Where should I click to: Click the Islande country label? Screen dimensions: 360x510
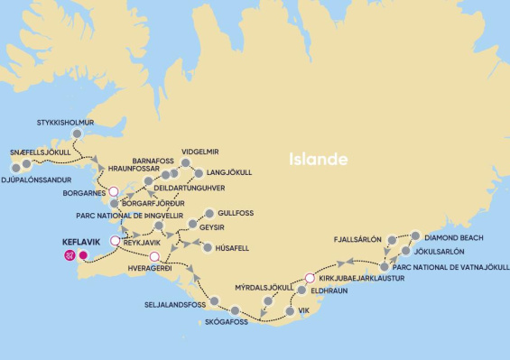[318, 159]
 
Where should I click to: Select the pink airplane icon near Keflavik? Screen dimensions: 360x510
[70, 255]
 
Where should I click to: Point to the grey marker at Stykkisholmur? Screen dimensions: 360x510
[77, 134]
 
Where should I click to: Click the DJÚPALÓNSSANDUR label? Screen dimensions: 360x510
[37, 179]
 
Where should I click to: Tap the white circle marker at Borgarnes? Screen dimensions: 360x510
[114, 191]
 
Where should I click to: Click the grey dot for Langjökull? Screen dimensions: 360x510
[197, 172]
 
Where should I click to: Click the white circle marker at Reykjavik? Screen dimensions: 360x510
[114, 242]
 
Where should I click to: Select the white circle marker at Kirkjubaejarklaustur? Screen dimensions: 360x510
[310, 278]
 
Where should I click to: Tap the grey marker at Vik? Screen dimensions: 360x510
[289, 311]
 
